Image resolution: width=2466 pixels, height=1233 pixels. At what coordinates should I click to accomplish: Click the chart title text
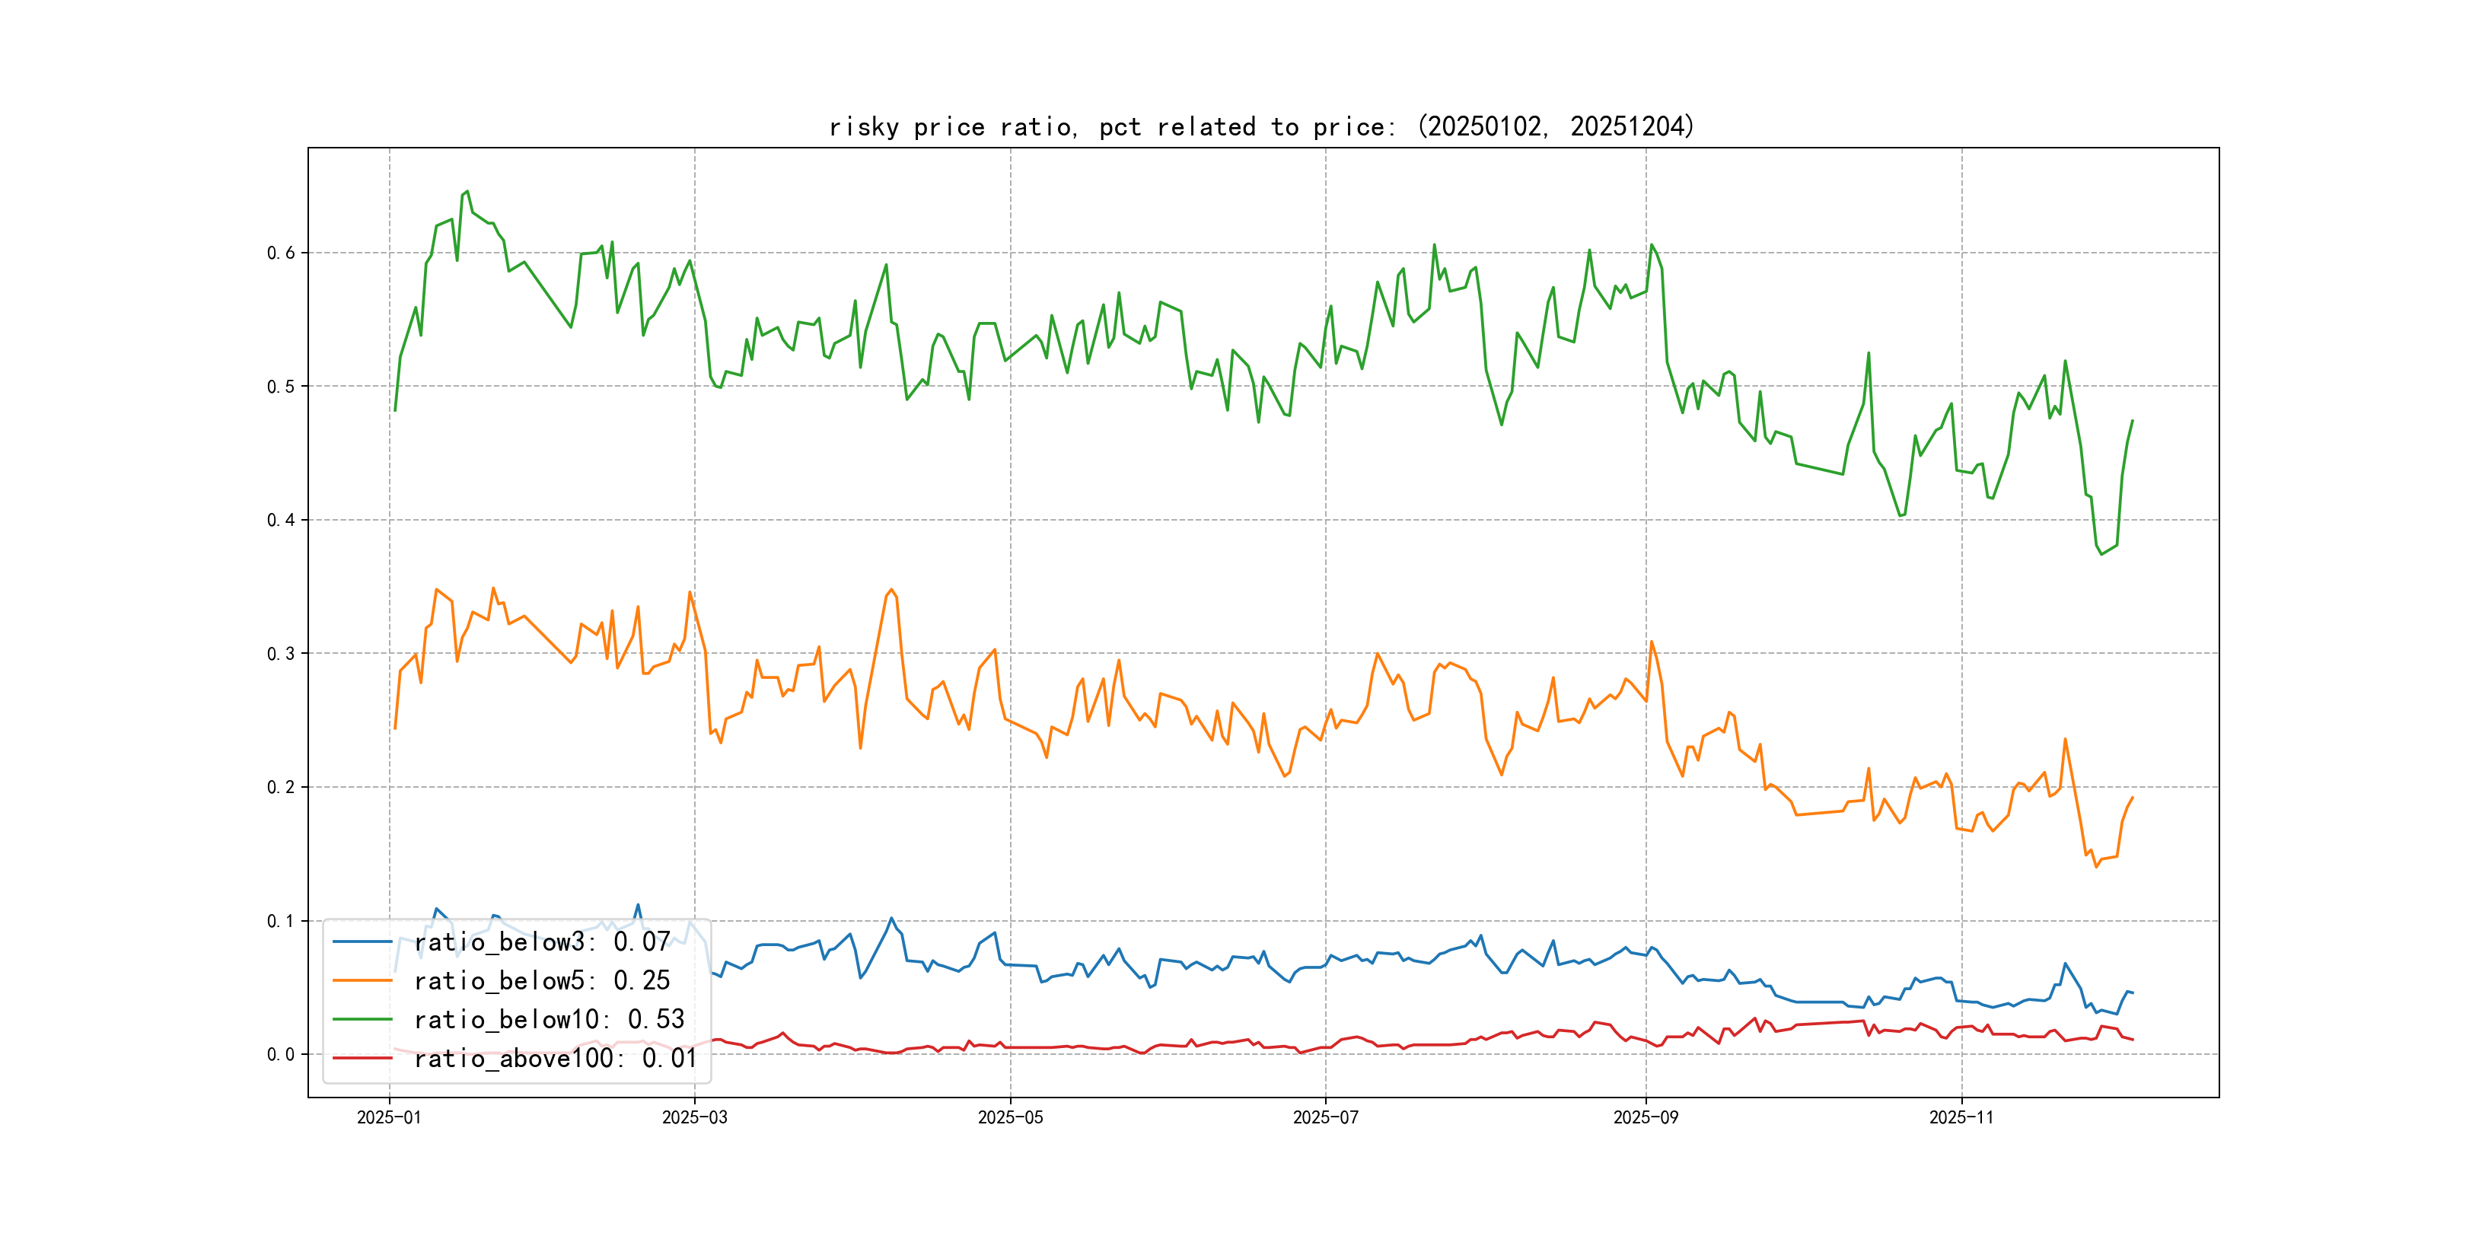tap(1260, 126)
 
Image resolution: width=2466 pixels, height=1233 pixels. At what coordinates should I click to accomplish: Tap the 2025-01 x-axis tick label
tap(389, 1117)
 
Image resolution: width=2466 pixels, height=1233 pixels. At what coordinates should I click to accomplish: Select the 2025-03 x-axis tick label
tap(694, 1117)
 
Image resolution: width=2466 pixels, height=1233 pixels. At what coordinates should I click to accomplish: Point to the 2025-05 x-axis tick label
tap(1010, 1117)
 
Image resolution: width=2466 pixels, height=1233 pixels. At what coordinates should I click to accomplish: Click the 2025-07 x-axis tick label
tap(1325, 1117)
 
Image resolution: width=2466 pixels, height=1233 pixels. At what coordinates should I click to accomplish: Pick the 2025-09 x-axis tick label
tap(1646, 1117)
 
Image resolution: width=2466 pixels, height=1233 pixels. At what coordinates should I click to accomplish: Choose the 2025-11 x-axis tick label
tap(1961, 1117)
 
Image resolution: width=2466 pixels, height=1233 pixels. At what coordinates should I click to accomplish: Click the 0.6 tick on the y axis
tap(281, 253)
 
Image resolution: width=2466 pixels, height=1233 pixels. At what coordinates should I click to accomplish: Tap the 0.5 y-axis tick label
tap(281, 387)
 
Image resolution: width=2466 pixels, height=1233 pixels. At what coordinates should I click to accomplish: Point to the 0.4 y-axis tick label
tap(281, 520)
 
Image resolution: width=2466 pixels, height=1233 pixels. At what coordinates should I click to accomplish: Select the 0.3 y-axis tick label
tap(281, 654)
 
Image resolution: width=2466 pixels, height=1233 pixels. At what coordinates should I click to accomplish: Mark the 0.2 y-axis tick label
tap(281, 787)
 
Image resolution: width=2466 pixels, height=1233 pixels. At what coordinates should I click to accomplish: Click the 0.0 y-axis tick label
tap(281, 1054)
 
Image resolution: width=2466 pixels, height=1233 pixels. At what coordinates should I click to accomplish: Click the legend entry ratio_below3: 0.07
tap(542, 942)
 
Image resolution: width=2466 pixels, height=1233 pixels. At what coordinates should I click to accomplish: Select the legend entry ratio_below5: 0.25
tap(542, 980)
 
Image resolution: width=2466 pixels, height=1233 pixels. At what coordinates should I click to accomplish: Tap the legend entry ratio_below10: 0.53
tap(549, 1020)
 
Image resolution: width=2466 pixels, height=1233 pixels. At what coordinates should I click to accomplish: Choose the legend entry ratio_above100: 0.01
tap(556, 1058)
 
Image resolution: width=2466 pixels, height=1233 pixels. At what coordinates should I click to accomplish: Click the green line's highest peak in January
tap(467, 192)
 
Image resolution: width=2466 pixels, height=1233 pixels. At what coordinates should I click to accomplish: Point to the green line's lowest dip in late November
tap(2101, 554)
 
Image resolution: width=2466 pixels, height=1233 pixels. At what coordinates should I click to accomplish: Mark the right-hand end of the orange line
tap(2132, 798)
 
